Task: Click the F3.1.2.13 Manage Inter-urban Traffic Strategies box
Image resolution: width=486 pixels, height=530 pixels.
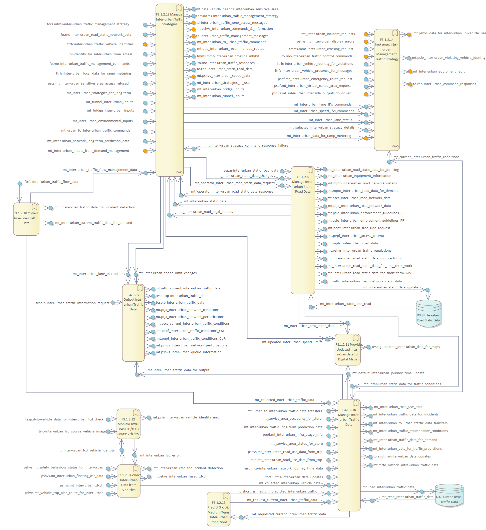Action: [169, 90]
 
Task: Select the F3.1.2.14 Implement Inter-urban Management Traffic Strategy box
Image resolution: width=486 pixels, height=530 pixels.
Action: [387, 90]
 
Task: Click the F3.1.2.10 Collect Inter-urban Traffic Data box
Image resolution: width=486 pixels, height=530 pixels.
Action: [26, 219]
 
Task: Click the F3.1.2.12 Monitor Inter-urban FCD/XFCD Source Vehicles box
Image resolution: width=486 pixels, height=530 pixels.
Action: [128, 424]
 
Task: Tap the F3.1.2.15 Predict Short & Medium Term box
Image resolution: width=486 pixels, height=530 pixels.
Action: [218, 509]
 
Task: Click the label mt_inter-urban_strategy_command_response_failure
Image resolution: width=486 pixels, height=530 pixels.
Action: [247, 146]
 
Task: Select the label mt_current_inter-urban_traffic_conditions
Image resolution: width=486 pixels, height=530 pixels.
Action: [426, 157]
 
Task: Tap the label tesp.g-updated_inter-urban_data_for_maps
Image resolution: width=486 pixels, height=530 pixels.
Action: [406, 347]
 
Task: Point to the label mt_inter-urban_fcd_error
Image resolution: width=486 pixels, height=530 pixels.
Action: [160, 455]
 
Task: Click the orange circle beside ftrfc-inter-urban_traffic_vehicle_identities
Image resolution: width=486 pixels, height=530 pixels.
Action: [145, 45]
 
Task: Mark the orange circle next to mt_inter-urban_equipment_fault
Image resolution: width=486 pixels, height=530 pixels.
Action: [410, 71]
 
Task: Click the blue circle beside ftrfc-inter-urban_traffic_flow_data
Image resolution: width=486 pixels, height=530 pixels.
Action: [20, 184]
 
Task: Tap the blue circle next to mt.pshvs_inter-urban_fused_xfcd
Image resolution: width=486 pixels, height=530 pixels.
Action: [149, 477]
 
